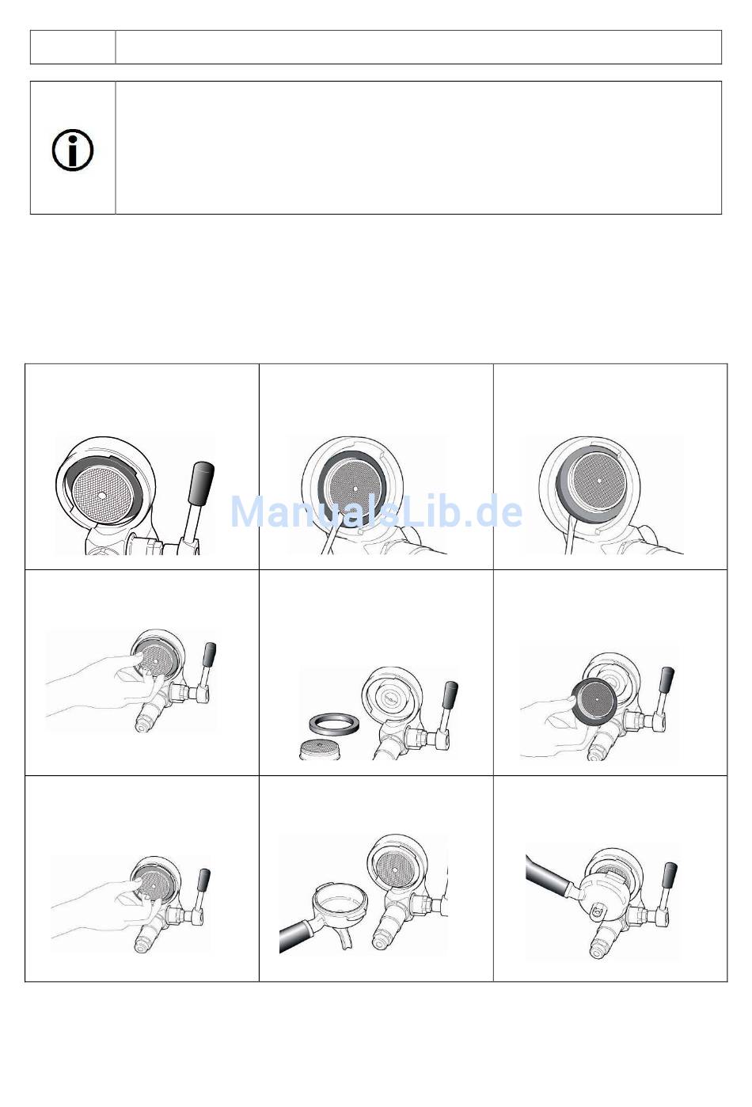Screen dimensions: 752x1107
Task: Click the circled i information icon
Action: tap(73, 150)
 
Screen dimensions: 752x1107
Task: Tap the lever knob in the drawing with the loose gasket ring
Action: tap(451, 694)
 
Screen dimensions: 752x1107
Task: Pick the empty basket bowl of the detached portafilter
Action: tap(340, 901)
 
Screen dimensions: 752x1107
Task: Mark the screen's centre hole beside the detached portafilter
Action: tap(395, 869)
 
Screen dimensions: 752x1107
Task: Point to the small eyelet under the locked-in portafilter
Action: tap(598, 908)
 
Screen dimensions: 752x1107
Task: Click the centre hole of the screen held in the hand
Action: tap(598, 699)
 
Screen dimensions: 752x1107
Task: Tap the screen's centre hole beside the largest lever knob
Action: tap(102, 496)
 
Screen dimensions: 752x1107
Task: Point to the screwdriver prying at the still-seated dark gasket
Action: tap(331, 534)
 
